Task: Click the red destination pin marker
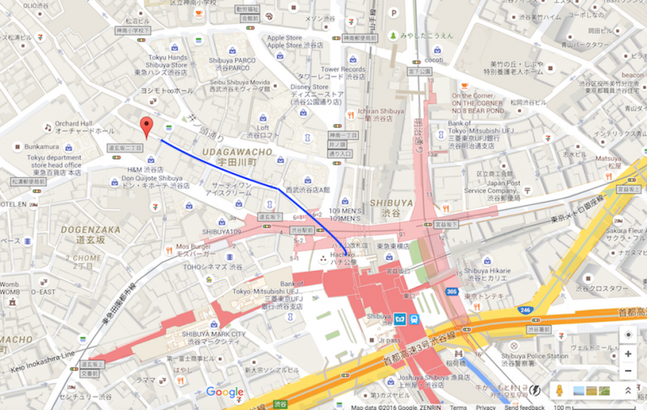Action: click(147, 127)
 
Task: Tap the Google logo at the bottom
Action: click(224, 392)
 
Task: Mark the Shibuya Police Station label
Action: click(536, 356)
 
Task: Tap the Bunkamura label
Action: click(31, 146)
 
